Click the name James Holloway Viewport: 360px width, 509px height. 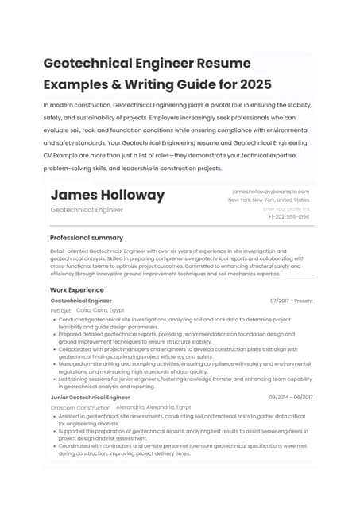point(107,195)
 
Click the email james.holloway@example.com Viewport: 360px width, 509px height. point(270,192)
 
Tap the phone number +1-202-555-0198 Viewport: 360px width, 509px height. point(288,216)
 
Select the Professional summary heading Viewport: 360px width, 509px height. point(87,238)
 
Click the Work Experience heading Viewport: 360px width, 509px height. point(77,290)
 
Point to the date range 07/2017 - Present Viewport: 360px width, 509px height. point(291,301)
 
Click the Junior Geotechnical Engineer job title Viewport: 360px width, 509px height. point(90,397)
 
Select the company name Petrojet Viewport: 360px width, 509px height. point(60,310)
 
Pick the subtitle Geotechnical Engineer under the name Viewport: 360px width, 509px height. point(87,210)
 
